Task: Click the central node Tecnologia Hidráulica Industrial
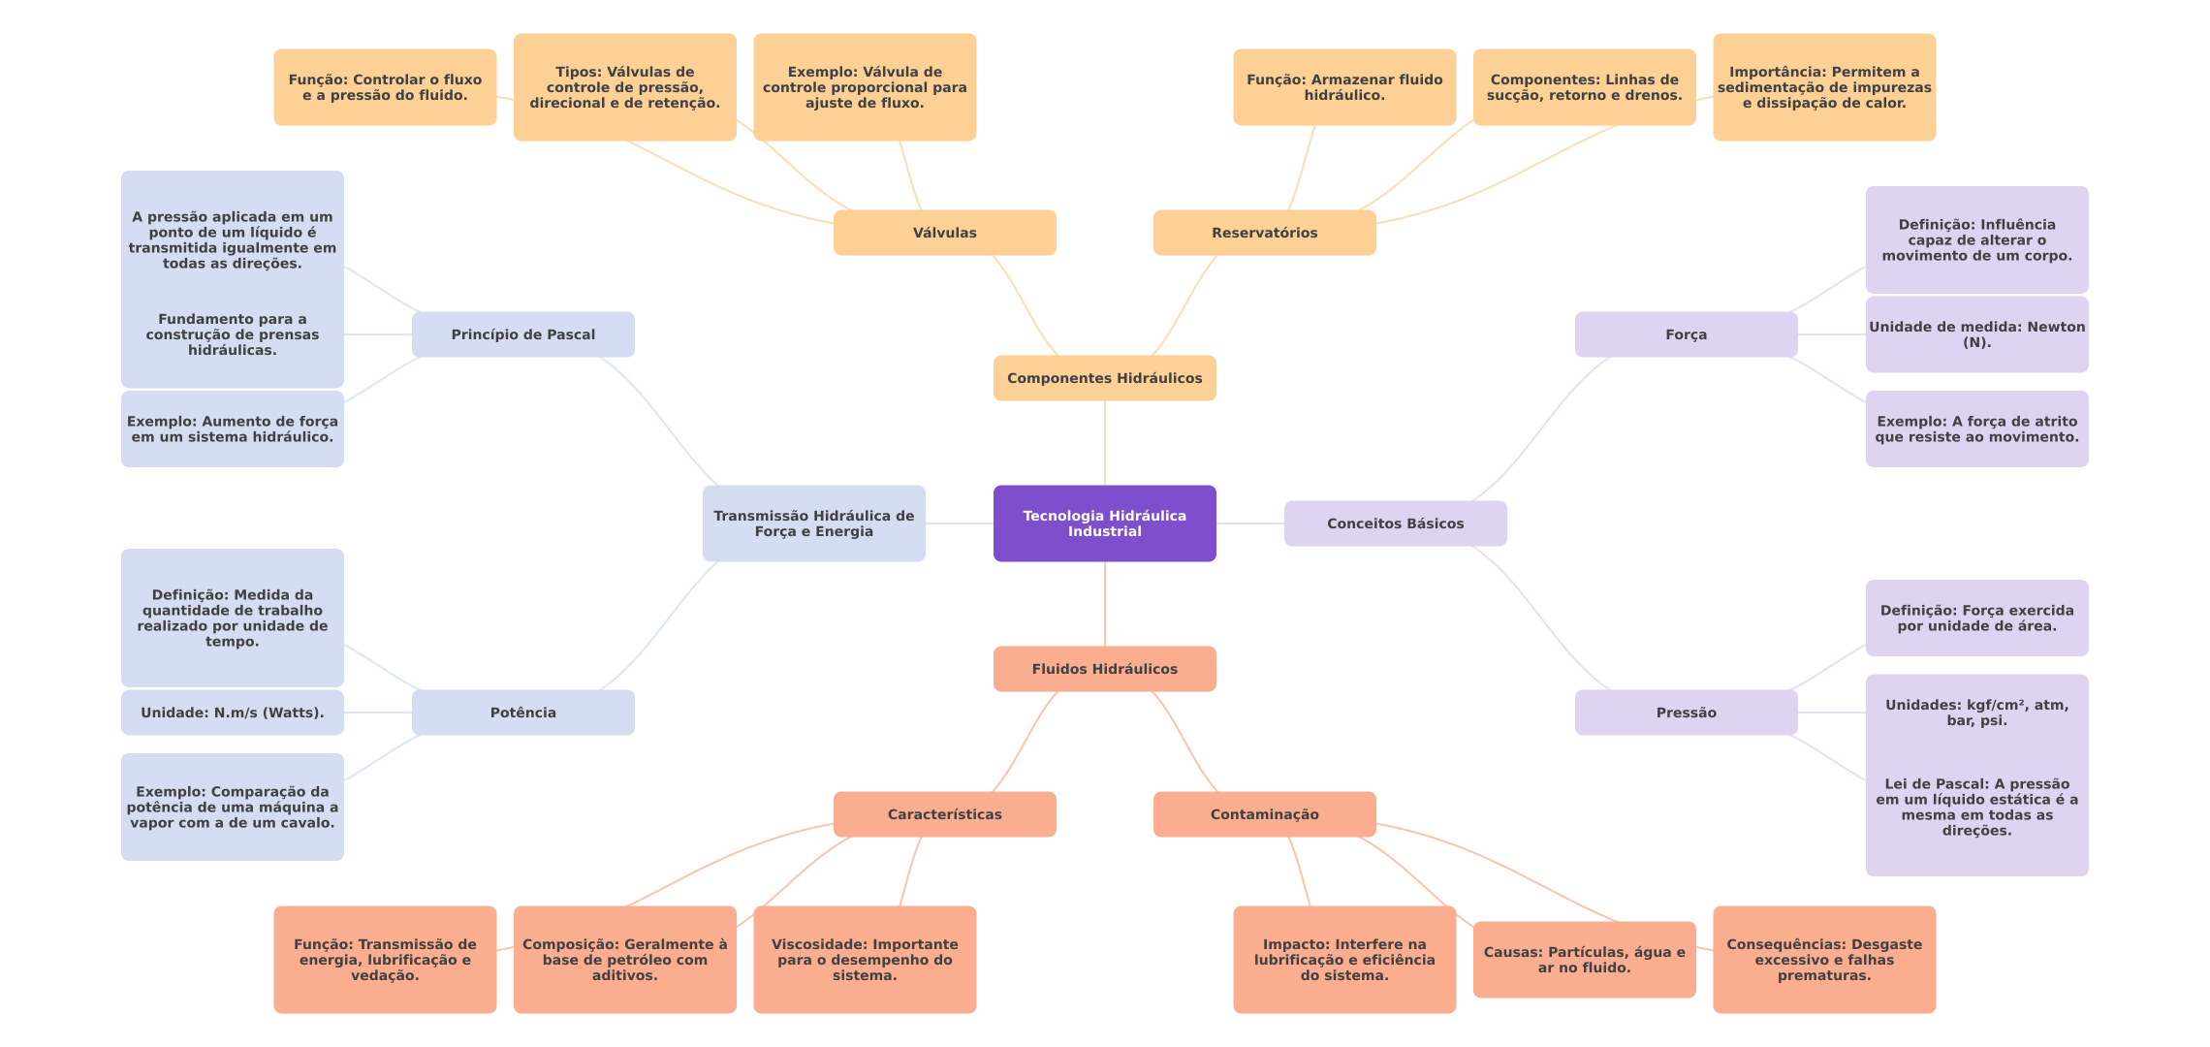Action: pos(1104,523)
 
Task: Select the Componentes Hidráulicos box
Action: pos(1104,378)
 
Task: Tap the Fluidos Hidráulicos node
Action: pos(1104,669)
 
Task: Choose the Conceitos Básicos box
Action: pos(1395,523)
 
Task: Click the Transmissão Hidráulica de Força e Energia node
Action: pos(813,523)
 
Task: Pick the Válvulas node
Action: pos(944,233)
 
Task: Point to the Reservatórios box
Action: pos(1264,233)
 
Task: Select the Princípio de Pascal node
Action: pos(522,334)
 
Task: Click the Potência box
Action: pos(522,713)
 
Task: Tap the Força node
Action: pos(1686,334)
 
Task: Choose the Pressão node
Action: pos(1686,713)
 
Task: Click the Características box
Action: pos(944,814)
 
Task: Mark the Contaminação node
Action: pos(1264,814)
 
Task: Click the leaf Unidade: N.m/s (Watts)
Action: pos(232,713)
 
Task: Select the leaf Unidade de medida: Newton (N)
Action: pos(1976,334)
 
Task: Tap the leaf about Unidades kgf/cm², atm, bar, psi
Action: pos(1976,713)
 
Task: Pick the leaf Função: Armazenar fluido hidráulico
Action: pos(1343,87)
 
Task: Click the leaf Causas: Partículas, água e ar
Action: pos(1584,960)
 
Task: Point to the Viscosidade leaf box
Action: pos(864,960)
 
